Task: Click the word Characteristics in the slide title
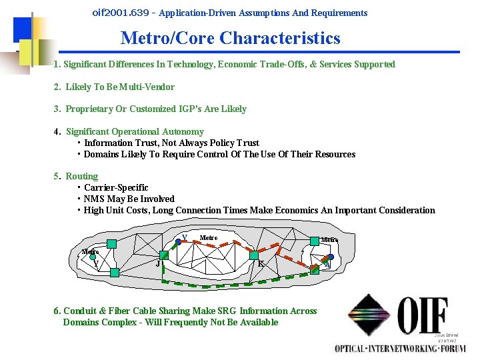click(x=279, y=39)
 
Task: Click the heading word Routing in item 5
click(x=81, y=177)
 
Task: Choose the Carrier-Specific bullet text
click(x=116, y=188)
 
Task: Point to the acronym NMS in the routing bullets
click(x=93, y=199)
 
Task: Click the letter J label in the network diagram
click(x=157, y=264)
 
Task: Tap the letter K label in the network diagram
click(x=261, y=264)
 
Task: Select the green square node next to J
click(x=165, y=255)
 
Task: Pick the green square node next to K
click(x=253, y=255)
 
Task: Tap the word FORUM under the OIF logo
click(x=451, y=348)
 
